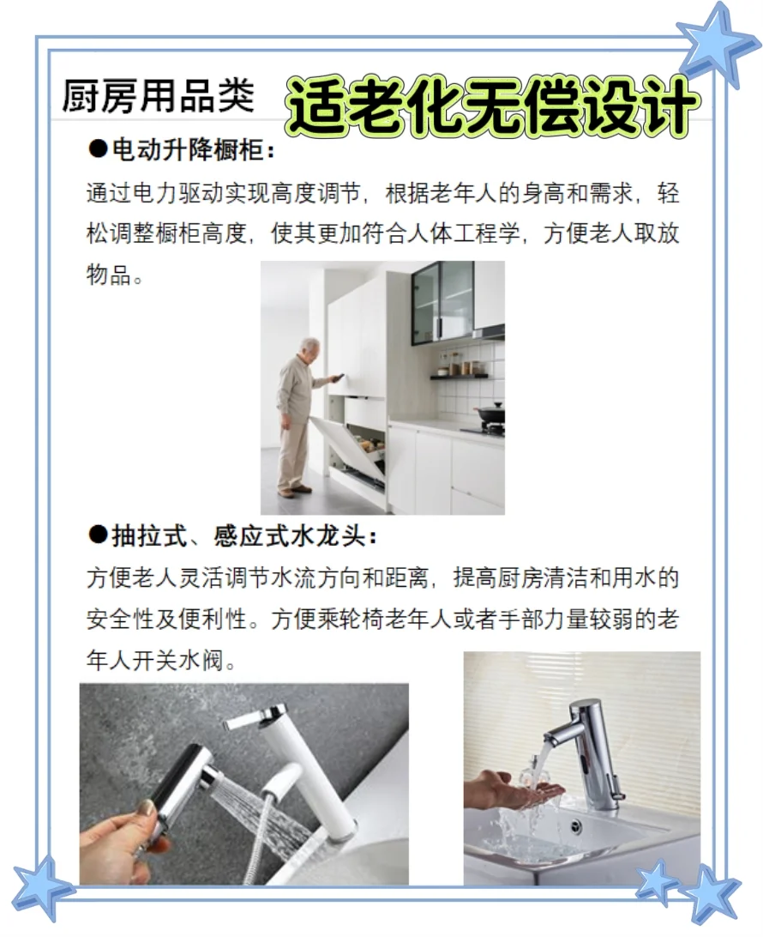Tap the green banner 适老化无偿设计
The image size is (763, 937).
point(491,107)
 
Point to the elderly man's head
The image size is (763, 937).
point(309,348)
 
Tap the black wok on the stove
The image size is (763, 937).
point(490,414)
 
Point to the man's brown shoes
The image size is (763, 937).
point(293,491)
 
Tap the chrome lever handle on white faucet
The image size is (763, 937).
point(255,716)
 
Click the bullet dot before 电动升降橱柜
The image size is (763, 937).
point(96,151)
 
